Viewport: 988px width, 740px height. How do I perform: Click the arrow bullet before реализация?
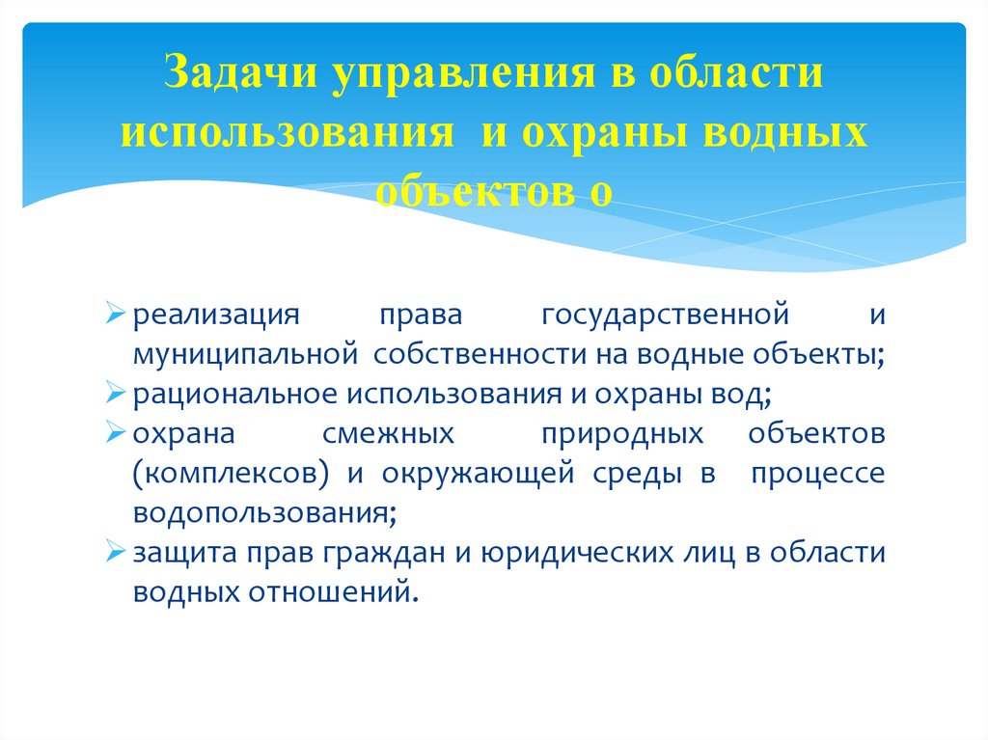[115, 315]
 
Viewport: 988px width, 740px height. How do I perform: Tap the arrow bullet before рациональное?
[115, 394]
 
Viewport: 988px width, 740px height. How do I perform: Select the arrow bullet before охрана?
[115, 433]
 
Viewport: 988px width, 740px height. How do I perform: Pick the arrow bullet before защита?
[115, 552]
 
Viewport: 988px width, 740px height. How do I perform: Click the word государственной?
[667, 315]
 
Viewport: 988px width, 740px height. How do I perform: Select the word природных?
[621, 433]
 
